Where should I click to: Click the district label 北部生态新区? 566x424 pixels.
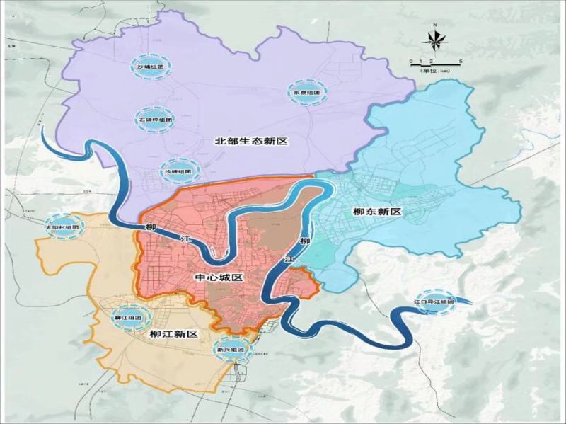tap(252, 142)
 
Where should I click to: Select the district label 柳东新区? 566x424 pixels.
tap(376, 212)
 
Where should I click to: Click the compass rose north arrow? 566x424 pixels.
tap(435, 42)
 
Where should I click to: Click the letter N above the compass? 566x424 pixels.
tap(435, 25)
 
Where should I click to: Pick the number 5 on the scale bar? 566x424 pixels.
tap(461, 62)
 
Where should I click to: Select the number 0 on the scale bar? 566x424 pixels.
tap(411, 62)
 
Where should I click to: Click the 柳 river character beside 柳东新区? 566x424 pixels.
tap(305, 242)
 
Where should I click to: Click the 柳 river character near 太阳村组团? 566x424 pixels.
tap(149, 227)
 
